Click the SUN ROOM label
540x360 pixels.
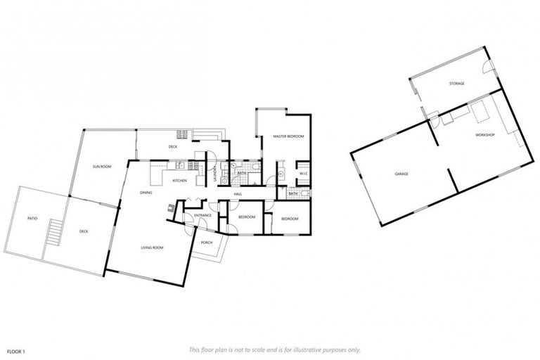103,167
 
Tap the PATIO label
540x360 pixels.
32,219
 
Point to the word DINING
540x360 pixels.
146,192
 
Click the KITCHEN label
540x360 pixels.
179,181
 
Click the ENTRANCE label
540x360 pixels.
202,215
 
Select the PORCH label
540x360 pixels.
207,243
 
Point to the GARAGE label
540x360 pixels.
402,174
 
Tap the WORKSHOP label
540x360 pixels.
485,134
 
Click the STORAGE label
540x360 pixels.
457,84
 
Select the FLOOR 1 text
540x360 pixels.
16,350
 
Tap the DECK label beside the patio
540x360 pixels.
84,231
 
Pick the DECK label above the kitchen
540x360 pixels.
172,147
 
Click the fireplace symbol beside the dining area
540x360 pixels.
171,207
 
